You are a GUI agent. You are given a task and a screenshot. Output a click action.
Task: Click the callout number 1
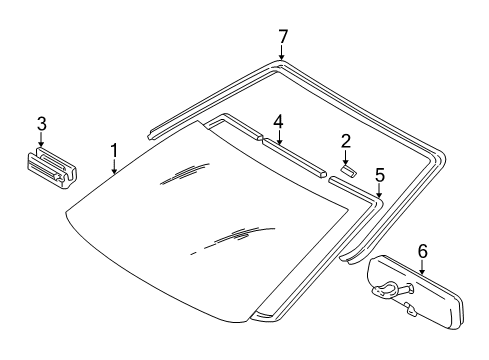tap(114, 150)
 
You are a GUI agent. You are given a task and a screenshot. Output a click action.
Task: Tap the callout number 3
tap(40, 124)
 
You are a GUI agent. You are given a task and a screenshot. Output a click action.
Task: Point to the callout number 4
tap(278, 121)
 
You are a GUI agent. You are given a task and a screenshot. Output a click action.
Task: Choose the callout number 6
tap(422, 251)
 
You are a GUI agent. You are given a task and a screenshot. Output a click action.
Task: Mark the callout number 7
tap(283, 36)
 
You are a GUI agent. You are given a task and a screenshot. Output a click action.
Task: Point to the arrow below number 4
tap(278, 138)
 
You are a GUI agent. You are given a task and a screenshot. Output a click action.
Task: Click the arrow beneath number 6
tap(422, 268)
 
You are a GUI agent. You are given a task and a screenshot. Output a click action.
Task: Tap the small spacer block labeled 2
tap(347, 171)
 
